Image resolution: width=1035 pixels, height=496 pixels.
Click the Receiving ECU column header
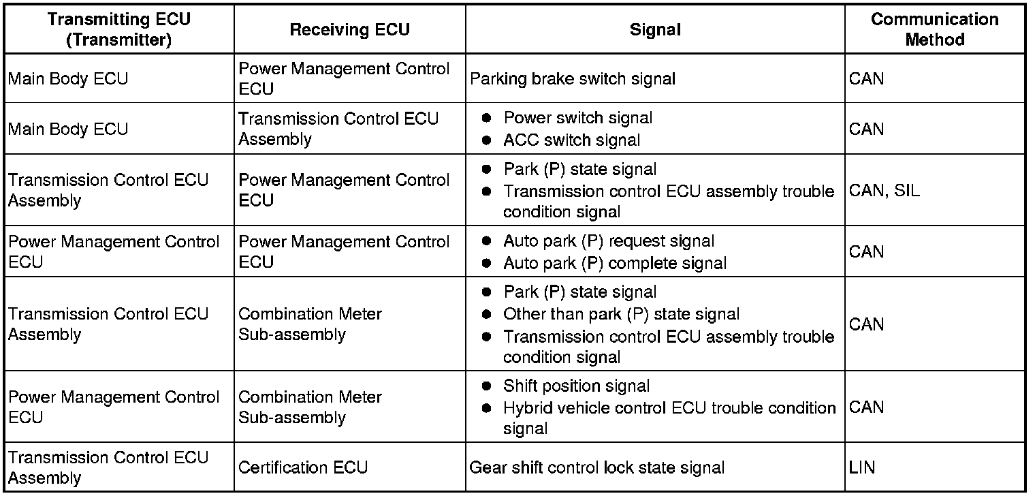click(x=349, y=29)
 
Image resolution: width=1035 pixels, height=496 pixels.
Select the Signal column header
click(x=655, y=29)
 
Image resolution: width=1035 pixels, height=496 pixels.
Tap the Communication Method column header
click(x=934, y=29)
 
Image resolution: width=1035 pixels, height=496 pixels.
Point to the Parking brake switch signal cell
click(x=573, y=79)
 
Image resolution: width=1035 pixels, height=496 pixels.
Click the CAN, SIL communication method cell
click(x=884, y=191)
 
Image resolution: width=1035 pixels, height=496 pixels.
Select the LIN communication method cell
click(x=862, y=467)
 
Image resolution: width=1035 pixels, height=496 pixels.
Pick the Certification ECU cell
click(x=303, y=467)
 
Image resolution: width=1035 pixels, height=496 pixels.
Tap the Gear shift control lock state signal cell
click(x=596, y=467)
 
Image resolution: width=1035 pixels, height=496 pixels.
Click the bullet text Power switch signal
click(x=577, y=118)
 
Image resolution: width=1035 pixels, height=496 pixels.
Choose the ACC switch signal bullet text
click(x=571, y=140)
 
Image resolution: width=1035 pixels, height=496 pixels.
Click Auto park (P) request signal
click(x=609, y=241)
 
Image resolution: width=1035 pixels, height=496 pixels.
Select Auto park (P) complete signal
click(x=614, y=263)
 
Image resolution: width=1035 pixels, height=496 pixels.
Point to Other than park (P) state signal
click(x=621, y=314)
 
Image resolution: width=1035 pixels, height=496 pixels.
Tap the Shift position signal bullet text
click(x=576, y=386)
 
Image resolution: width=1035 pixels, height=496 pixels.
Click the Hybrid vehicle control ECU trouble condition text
click(x=669, y=408)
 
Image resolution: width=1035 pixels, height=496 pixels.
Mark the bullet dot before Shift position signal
click(x=486, y=386)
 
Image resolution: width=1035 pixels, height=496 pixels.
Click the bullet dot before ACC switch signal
click(x=486, y=140)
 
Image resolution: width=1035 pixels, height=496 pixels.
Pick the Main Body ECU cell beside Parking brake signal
click(x=68, y=79)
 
